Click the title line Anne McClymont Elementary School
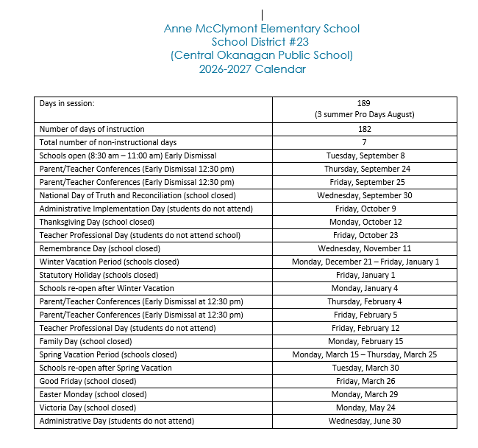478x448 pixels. pos(262,29)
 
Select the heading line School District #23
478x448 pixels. pos(262,42)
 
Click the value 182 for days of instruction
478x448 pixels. pos(364,129)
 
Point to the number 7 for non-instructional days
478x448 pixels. pos(364,142)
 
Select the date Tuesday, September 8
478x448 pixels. pos(365,155)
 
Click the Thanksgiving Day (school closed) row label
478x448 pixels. pos(97,222)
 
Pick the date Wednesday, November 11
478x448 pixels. pos(365,248)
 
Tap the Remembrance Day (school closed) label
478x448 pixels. pos(99,248)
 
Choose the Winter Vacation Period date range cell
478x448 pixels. pos(365,262)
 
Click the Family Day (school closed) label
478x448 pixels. pos(86,341)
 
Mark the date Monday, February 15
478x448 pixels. pos(365,341)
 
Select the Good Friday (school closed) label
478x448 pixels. pos(88,381)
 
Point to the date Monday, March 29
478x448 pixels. pos(365,394)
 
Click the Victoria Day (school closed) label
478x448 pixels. pos(88,407)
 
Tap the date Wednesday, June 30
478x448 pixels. pos(365,421)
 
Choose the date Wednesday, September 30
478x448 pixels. pos(365,195)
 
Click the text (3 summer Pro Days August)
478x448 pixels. pos(364,114)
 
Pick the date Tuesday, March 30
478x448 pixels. pos(365,368)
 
